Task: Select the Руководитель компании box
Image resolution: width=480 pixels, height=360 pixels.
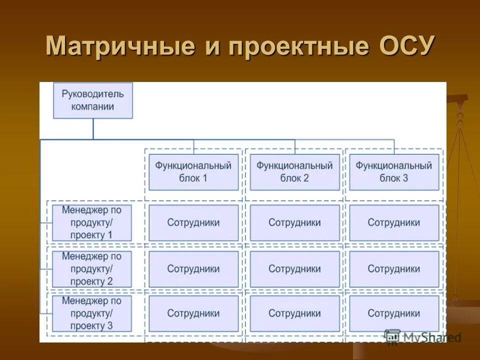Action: (93, 100)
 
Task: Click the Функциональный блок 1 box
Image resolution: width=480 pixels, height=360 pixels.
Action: (193, 172)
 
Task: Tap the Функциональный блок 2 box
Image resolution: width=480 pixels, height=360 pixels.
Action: (294, 172)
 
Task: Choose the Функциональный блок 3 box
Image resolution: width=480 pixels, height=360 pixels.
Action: (394, 172)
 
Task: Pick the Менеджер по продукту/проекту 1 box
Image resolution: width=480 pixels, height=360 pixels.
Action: (92, 222)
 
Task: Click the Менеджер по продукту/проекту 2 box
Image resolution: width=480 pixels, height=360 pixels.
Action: (92, 269)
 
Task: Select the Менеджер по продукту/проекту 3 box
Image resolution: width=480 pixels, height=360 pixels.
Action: (92, 313)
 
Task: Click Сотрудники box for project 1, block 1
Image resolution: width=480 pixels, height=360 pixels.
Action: (193, 222)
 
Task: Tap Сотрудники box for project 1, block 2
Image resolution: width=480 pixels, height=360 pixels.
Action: (294, 222)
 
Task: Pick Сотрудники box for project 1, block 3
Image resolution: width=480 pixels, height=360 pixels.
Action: (394, 222)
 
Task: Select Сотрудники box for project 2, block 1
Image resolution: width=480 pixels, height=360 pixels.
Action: (193, 269)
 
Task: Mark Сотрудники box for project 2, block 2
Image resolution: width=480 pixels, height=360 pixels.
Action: (294, 269)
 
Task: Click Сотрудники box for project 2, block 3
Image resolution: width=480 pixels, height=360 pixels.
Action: (394, 269)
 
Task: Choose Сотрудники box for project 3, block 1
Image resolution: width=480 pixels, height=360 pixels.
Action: (193, 313)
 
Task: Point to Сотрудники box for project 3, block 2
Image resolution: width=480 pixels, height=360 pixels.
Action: (294, 313)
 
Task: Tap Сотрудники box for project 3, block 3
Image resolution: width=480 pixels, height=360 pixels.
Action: (394, 313)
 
